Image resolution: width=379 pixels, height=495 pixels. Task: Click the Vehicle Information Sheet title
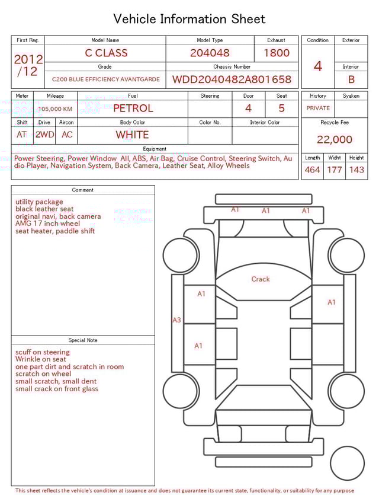[189, 19]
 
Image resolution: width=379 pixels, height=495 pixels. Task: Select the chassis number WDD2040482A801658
[232, 79]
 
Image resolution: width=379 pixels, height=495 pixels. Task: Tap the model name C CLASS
[106, 53]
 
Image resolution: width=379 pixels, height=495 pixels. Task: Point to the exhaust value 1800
[277, 53]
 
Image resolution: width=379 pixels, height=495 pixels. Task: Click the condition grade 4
[318, 66]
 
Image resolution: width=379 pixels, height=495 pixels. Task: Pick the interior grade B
[351, 79]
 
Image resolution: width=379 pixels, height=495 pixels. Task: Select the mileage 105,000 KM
[55, 109]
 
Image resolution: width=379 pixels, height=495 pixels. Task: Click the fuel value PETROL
[133, 108]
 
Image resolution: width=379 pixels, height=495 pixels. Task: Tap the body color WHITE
[132, 135]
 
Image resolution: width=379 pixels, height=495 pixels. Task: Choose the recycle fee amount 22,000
[335, 139]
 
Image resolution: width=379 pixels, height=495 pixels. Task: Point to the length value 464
[313, 170]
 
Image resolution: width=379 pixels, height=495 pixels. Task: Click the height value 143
[356, 170]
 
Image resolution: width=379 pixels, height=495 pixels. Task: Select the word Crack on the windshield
[261, 279]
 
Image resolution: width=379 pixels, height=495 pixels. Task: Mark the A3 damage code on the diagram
[176, 320]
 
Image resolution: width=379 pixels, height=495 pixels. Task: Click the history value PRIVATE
[318, 108]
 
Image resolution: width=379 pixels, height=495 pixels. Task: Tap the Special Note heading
[83, 340]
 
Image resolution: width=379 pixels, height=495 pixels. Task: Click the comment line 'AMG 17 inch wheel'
[47, 223]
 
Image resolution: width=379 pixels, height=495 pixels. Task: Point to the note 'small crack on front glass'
[57, 389]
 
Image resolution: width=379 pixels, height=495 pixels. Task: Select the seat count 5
[281, 108]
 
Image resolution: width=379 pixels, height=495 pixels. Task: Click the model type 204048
[210, 53]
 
